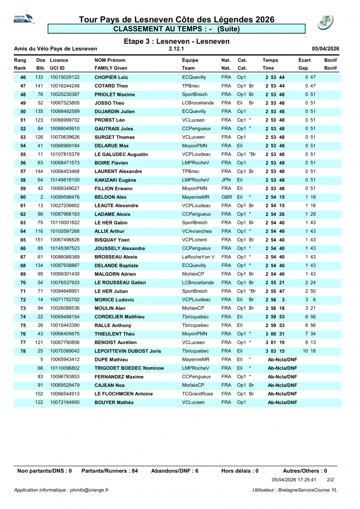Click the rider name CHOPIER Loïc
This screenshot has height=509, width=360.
111,78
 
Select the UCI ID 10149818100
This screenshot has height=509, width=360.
65,180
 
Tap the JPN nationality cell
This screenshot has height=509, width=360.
226,180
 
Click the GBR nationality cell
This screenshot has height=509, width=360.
226,197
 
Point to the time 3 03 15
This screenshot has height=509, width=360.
274,351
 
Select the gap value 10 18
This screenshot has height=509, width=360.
309,351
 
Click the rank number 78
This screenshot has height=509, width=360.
23,351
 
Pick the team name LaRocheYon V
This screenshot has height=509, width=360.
198,257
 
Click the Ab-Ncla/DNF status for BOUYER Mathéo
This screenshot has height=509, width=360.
282,403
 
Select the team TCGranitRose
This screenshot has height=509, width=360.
197,394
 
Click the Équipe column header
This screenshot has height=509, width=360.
191,60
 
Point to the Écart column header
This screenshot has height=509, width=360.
304,60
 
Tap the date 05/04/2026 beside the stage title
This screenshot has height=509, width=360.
325,49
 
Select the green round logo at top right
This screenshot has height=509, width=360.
326,22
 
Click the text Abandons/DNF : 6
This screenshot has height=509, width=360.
175,471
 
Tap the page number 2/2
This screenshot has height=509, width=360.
330,480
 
